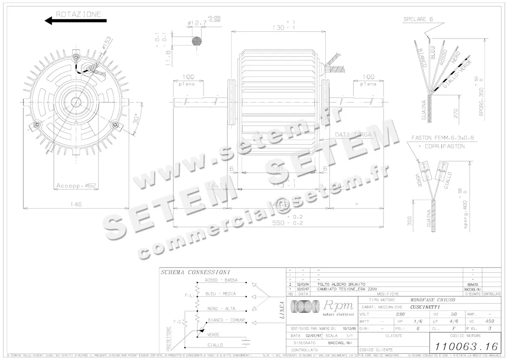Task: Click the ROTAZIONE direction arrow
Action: click(x=76, y=20)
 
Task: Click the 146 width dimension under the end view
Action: click(x=75, y=204)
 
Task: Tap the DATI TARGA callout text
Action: click(x=353, y=134)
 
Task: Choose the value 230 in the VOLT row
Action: click(x=400, y=314)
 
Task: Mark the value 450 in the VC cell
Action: click(x=490, y=321)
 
